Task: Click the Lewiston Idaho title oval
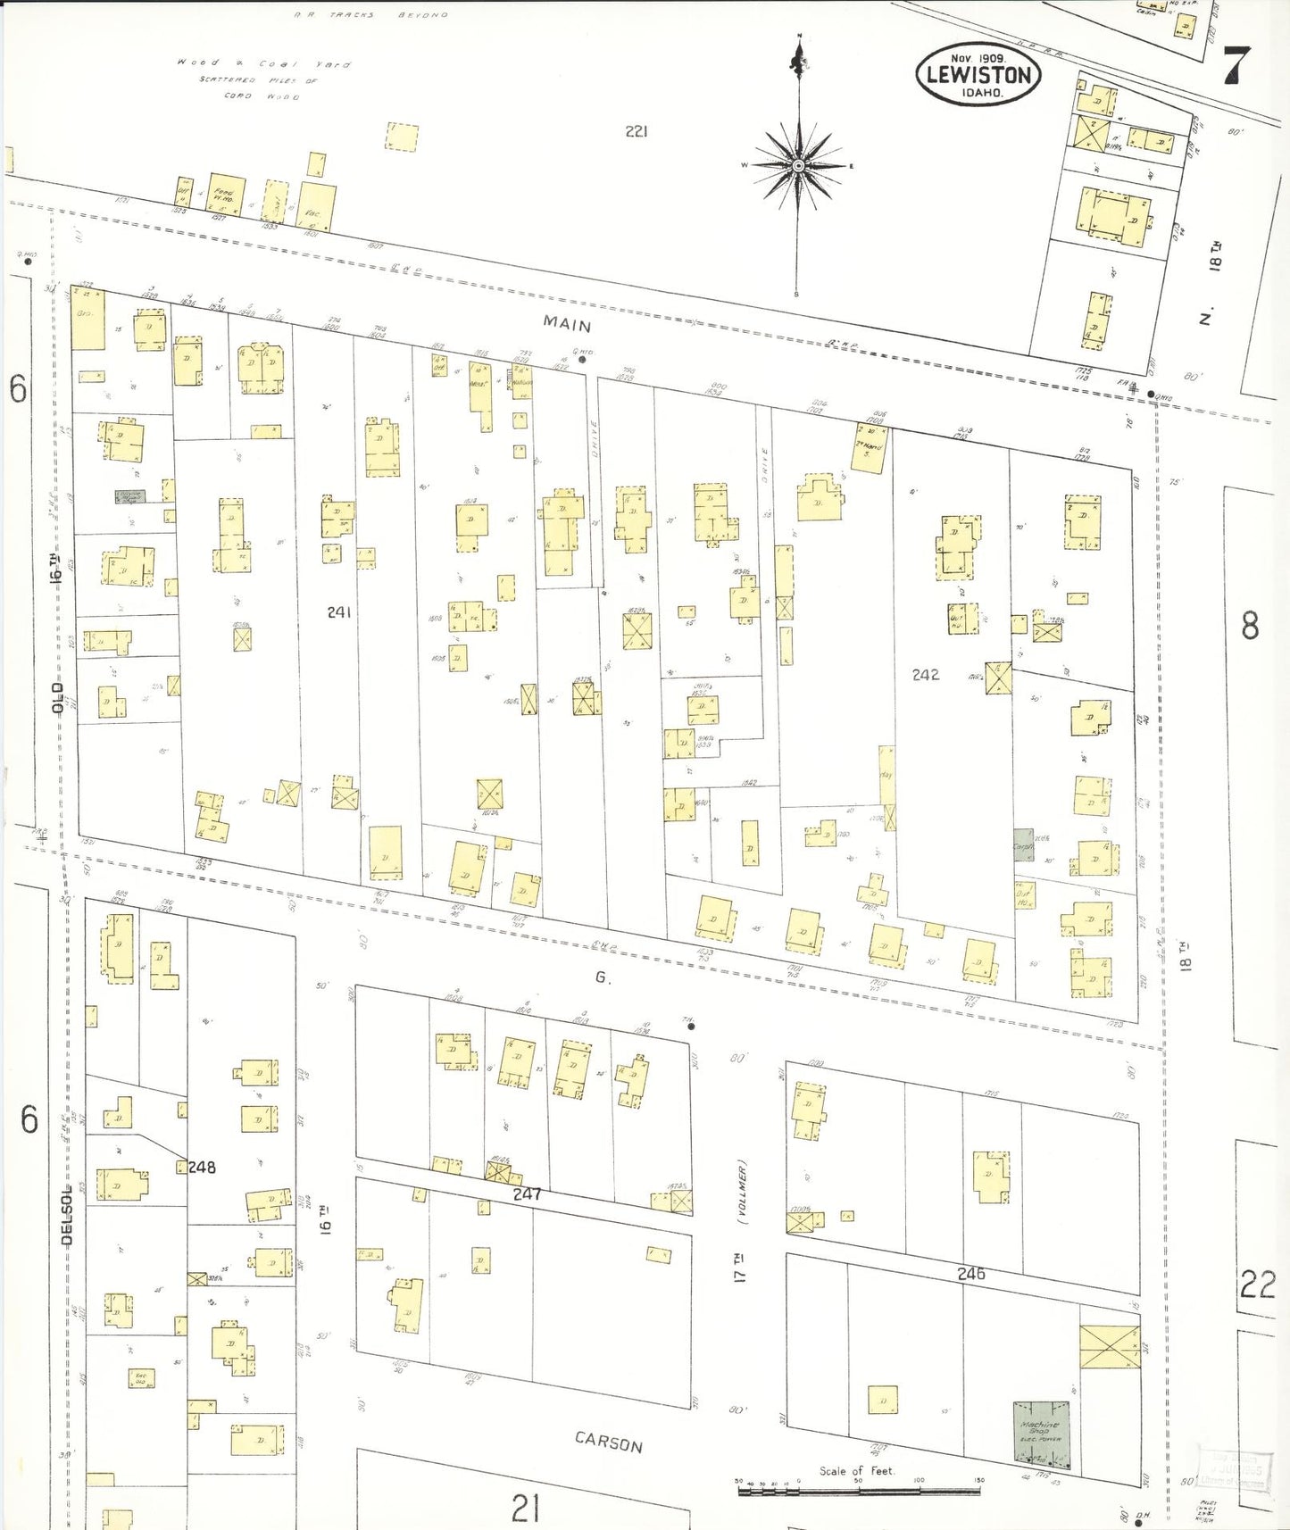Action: click(978, 74)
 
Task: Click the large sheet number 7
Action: click(1236, 64)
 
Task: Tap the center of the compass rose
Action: click(798, 166)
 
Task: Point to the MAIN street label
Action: click(569, 325)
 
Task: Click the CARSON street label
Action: click(609, 1443)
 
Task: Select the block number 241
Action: click(339, 612)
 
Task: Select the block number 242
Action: click(926, 675)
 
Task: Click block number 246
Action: click(971, 1274)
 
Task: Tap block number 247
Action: click(527, 1193)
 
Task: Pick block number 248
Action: click(202, 1167)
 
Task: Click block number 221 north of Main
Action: click(636, 131)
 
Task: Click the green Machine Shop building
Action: click(1041, 1432)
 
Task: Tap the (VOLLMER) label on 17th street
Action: click(742, 1192)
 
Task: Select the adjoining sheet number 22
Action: click(1257, 1285)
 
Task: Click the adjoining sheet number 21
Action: click(526, 1508)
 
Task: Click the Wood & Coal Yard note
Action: click(264, 64)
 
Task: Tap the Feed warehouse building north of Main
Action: click(223, 195)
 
